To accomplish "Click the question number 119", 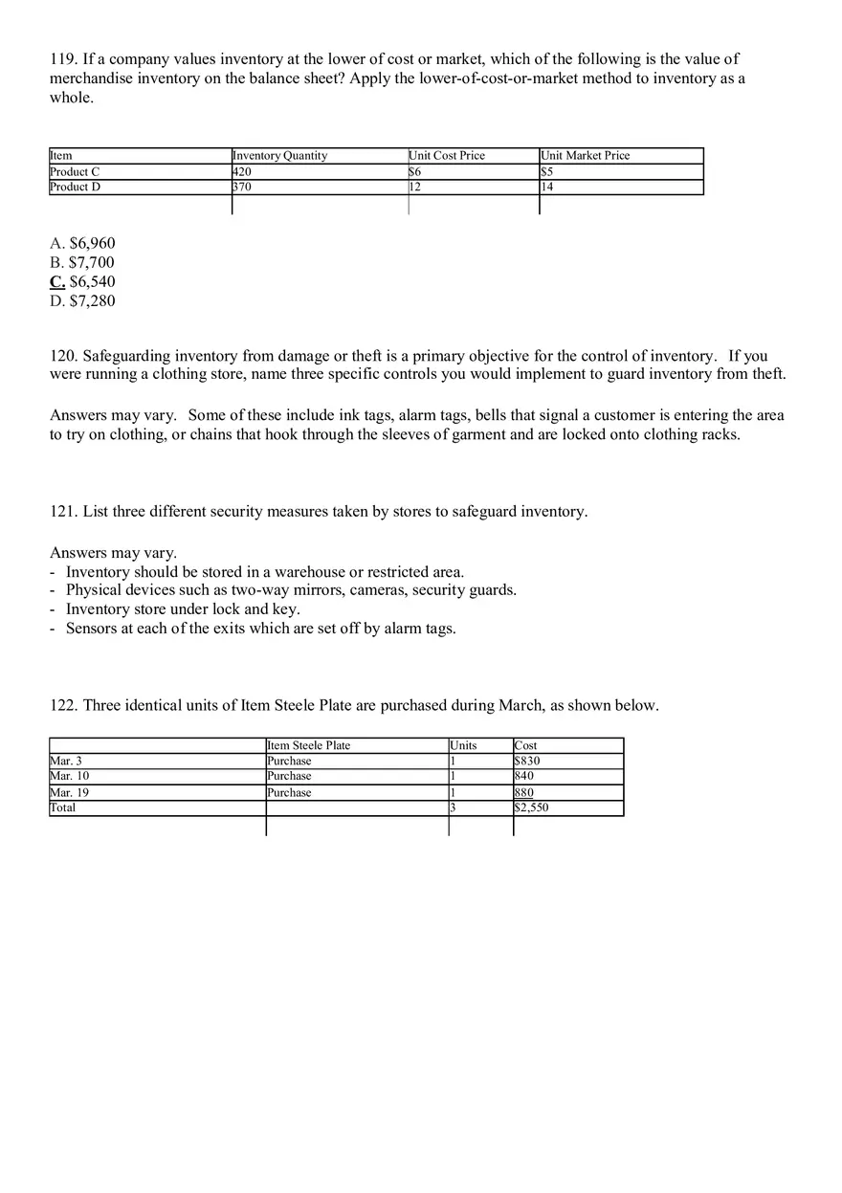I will (x=63, y=59).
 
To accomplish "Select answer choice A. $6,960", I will (x=82, y=243).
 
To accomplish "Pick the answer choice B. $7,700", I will (x=82, y=262).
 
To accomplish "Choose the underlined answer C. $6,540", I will (x=82, y=281).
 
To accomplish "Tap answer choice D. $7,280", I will (x=82, y=300).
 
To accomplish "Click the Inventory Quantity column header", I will (x=280, y=156).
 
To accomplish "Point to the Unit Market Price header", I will (x=586, y=156).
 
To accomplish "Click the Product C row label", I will (x=75, y=171).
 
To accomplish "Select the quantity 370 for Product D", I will (x=242, y=188).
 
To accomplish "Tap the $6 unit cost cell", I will (x=415, y=171).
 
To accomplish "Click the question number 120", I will (x=63, y=356).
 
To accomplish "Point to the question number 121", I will (x=63, y=511).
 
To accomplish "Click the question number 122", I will (x=63, y=705).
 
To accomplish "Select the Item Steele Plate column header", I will (x=309, y=745).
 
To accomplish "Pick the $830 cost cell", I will (x=527, y=761).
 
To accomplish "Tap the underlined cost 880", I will (x=524, y=792).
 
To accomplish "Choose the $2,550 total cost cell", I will (x=532, y=807).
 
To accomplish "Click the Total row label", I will (x=62, y=807).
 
